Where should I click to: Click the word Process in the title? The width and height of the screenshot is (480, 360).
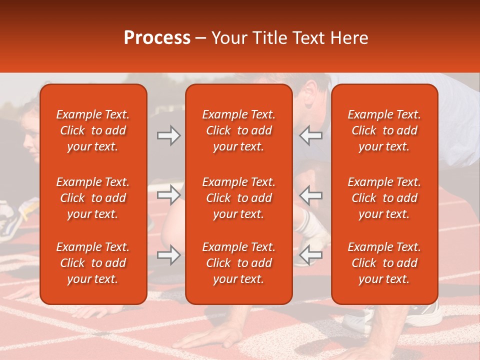pyautogui.click(x=157, y=37)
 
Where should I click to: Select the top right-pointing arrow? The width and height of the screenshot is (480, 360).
pyautogui.click(x=168, y=135)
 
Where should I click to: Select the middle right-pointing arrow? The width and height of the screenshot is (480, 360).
pyautogui.click(x=168, y=195)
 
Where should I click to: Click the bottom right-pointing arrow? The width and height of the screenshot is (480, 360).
pyautogui.click(x=168, y=255)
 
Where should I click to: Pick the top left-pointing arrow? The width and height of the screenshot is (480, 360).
pyautogui.click(x=310, y=135)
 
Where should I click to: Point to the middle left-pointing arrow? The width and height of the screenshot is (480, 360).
pyautogui.click(x=310, y=195)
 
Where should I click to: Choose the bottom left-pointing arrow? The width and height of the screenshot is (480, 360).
pyautogui.click(x=310, y=255)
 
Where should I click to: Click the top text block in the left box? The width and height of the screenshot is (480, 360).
pyautogui.click(x=93, y=130)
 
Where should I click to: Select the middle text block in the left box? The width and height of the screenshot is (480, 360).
pyautogui.click(x=93, y=198)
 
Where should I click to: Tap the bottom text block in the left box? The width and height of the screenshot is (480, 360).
pyautogui.click(x=93, y=263)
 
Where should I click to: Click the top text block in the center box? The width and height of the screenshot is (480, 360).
pyautogui.click(x=238, y=130)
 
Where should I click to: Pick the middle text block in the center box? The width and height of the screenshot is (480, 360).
pyautogui.click(x=238, y=198)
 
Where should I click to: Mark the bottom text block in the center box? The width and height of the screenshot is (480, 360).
pyautogui.click(x=238, y=263)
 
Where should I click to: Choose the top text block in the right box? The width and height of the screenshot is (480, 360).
pyautogui.click(x=384, y=130)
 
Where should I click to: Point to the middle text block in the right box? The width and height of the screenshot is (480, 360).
pyautogui.click(x=384, y=198)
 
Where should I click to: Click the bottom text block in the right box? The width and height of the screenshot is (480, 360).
pyautogui.click(x=384, y=263)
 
